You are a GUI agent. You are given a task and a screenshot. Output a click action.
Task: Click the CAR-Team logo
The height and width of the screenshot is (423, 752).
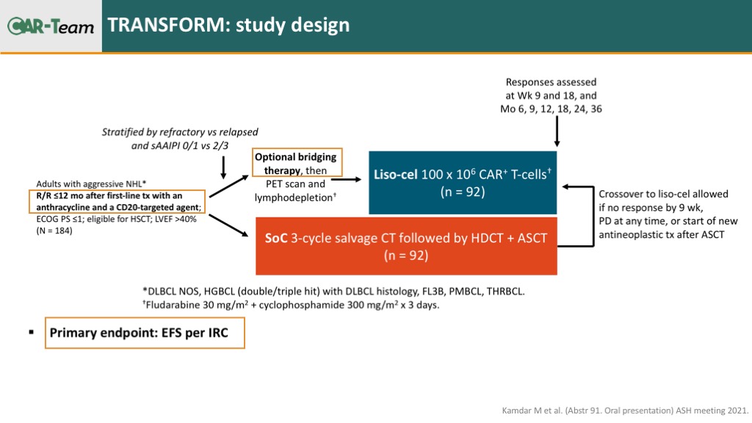[51, 26]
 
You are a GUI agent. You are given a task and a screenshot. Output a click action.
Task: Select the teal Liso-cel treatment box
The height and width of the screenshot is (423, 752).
[463, 182]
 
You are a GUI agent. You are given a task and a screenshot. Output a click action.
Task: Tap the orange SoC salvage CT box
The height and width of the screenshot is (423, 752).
[406, 246]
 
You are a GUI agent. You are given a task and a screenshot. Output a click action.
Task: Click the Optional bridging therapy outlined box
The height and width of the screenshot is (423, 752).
[295, 164]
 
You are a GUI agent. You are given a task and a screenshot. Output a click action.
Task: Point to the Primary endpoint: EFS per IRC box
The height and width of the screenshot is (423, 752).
[145, 333]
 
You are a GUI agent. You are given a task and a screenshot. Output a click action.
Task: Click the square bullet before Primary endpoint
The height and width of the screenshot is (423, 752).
[32, 333]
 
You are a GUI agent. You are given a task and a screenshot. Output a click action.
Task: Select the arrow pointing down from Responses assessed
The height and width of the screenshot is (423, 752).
[557, 134]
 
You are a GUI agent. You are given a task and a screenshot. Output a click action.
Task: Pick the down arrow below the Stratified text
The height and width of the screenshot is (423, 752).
[223, 167]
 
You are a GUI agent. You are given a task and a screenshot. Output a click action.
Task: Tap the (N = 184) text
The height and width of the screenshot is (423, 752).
[56, 230]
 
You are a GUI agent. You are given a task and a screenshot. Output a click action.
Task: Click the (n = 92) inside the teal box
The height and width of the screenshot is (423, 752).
[463, 193]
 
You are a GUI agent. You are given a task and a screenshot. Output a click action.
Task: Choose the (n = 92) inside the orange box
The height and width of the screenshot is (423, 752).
[406, 256]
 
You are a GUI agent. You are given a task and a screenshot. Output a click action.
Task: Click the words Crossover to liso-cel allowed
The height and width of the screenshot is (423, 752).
[663, 194]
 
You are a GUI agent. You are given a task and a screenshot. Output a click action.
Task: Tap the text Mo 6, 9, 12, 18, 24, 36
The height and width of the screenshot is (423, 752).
[551, 109]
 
